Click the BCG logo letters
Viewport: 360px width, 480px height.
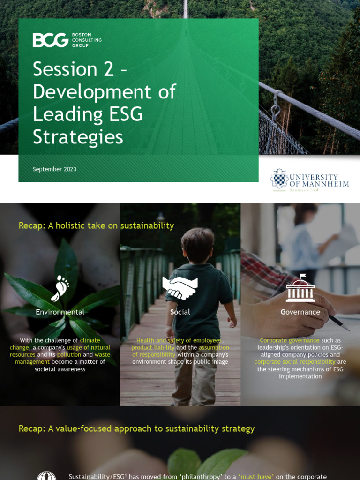click(x=50, y=40)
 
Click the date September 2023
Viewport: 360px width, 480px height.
click(x=54, y=169)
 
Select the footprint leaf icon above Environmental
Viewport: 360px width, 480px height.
click(x=60, y=288)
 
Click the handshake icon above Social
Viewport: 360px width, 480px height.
click(x=180, y=287)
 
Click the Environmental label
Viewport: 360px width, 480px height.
click(x=60, y=312)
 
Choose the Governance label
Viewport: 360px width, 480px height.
click(x=300, y=312)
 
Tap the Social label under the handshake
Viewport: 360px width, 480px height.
click(x=180, y=312)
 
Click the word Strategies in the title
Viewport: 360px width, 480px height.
click(x=78, y=137)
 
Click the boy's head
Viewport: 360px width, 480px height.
click(x=197, y=245)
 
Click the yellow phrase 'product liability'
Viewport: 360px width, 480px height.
click(x=153, y=348)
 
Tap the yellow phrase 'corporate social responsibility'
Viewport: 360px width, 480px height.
click(x=295, y=362)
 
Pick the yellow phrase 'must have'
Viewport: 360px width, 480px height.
click(x=255, y=477)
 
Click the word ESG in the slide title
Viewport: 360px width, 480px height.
click(x=127, y=114)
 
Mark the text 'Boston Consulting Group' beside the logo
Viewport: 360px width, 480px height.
click(x=86, y=40)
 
